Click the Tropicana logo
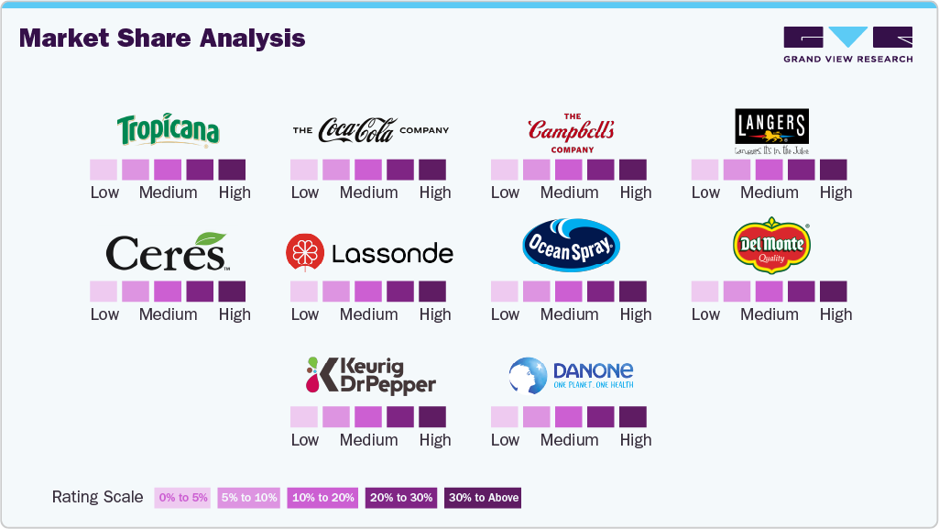[168, 131]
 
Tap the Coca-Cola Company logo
[370, 130]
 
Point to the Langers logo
[771, 131]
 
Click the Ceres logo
[168, 252]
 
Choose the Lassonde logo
[369, 253]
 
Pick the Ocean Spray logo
[570, 246]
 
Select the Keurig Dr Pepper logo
[370, 375]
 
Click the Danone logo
[570, 374]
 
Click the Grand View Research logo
[847, 45]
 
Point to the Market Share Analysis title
[162, 39]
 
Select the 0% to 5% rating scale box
[183, 498]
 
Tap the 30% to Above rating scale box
[484, 498]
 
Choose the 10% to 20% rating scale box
[322, 498]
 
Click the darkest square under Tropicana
[232, 170]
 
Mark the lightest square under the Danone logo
[505, 417]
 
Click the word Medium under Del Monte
[770, 314]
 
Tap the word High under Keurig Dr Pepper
[435, 440]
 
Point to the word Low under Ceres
[104, 314]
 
